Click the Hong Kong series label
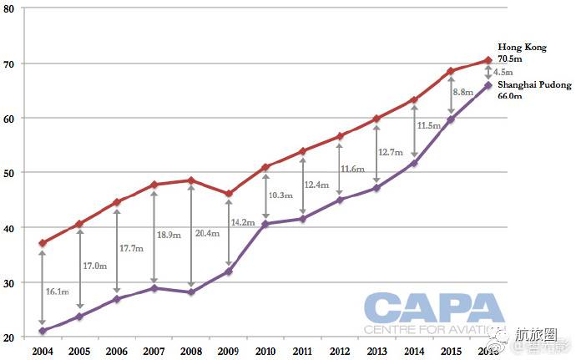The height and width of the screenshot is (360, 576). pyautogui.click(x=522, y=48)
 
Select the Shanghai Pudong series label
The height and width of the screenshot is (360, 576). pyautogui.click(x=534, y=85)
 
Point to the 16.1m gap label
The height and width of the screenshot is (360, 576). pyautogui.click(x=57, y=292)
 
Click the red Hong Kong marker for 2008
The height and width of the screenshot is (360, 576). pyautogui.click(x=191, y=180)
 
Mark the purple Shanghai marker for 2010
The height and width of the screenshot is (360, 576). pyautogui.click(x=265, y=224)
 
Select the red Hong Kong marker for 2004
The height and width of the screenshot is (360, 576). pyautogui.click(x=42, y=243)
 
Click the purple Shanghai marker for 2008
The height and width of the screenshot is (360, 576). pyautogui.click(x=191, y=292)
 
